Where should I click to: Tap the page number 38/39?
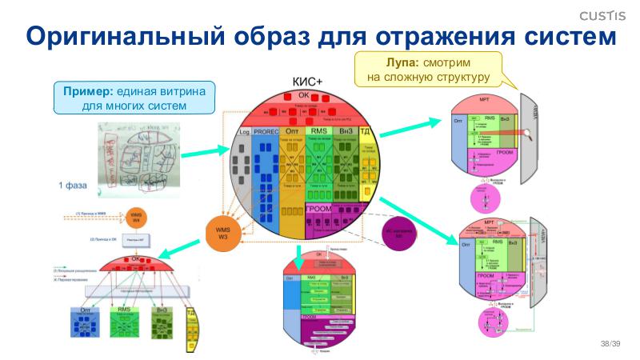pyautogui.click(x=610, y=343)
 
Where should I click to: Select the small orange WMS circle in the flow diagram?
pyautogui.click(x=137, y=217)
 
